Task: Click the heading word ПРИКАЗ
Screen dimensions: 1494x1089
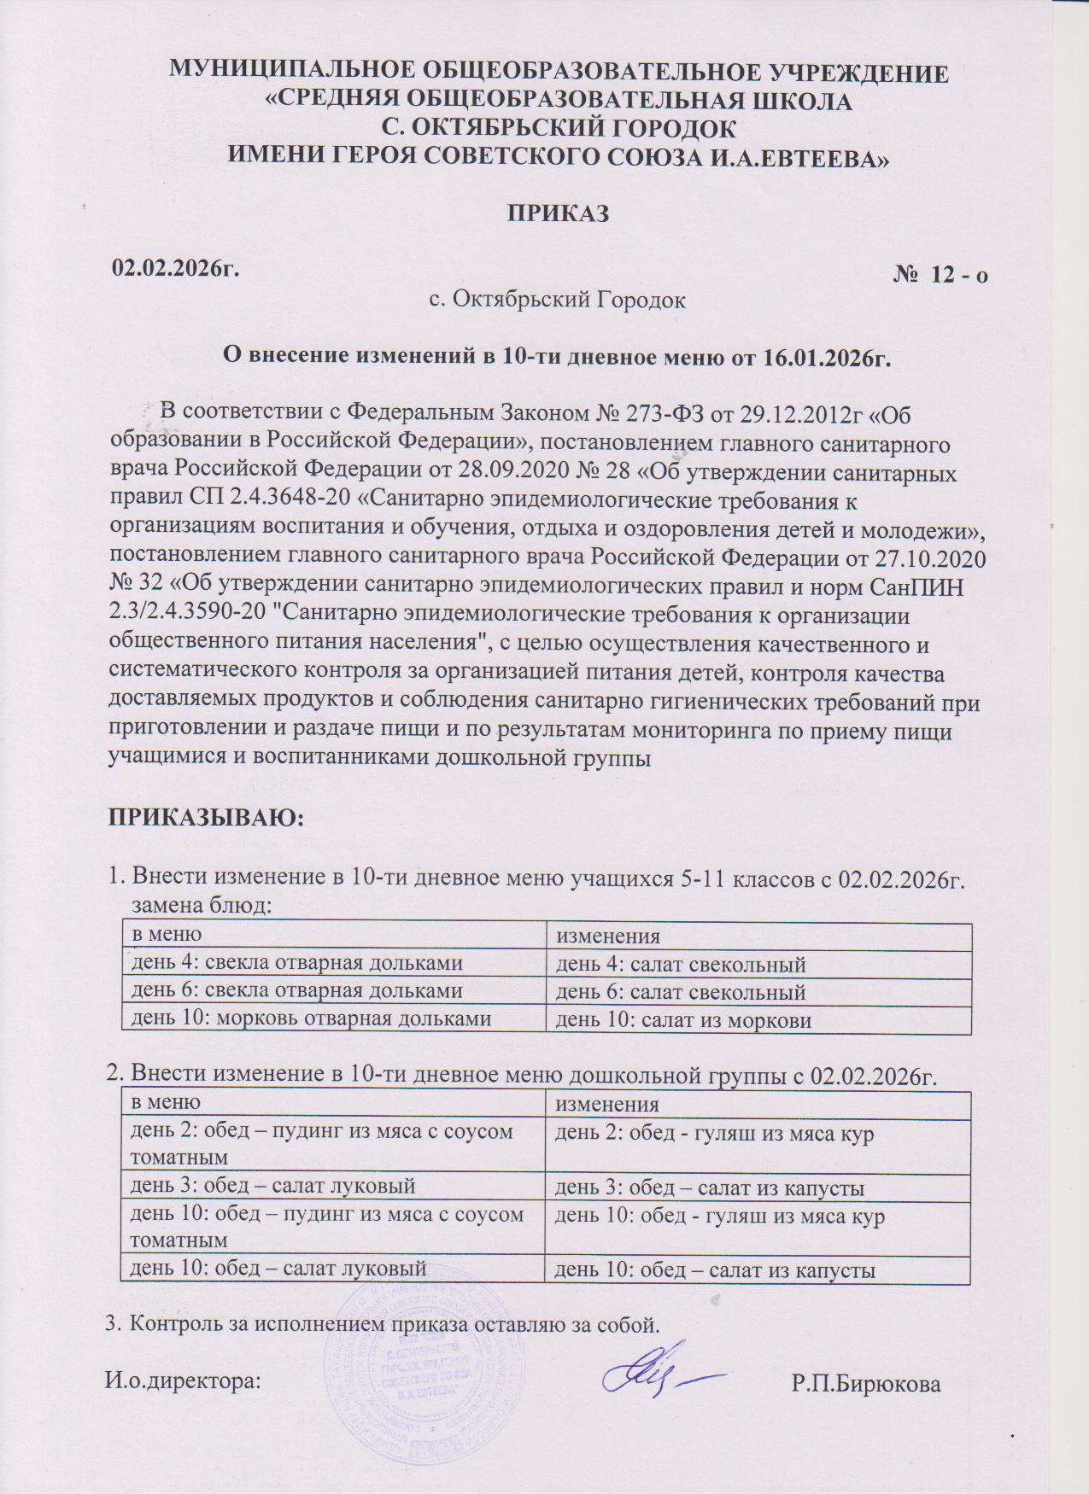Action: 559,213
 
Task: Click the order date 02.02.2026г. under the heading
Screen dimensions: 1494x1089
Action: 176,268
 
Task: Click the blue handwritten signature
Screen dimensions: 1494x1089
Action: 658,1374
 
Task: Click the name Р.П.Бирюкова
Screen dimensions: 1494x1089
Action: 866,1384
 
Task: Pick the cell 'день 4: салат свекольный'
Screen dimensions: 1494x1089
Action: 681,965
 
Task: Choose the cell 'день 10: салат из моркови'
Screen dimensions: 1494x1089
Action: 683,1019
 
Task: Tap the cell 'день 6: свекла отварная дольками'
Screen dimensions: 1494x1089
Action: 296,991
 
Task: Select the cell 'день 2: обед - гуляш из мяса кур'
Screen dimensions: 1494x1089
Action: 715,1134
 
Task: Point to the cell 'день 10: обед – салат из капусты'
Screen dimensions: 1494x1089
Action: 716,1269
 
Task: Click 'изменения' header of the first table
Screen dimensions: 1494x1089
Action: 608,937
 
